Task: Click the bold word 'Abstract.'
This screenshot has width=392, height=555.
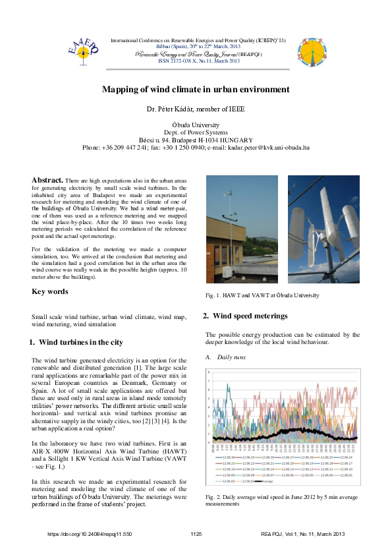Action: (x=47, y=179)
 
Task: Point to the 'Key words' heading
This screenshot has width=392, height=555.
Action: (x=50, y=291)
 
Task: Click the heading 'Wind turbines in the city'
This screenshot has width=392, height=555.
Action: (x=80, y=342)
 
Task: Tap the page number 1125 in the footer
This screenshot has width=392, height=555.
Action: (x=196, y=533)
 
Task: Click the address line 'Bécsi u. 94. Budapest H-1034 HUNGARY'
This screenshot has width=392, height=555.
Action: (x=196, y=140)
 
